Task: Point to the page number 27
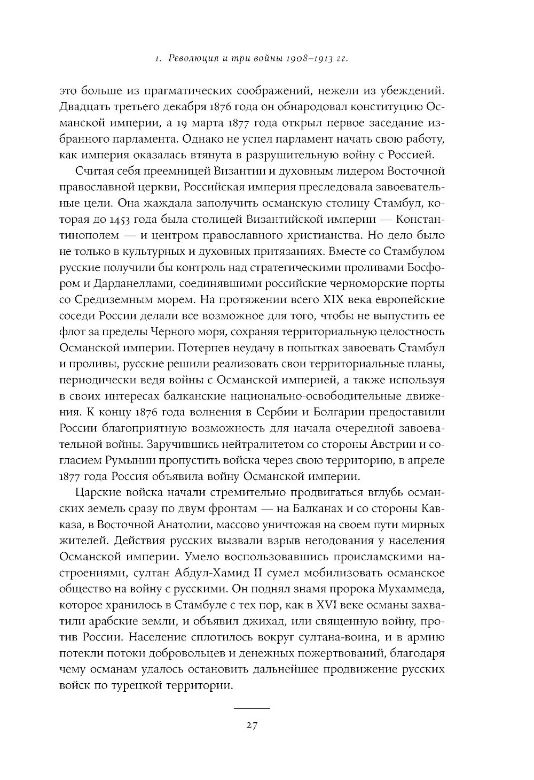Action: click(x=252, y=725)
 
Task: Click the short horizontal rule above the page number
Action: click(x=252, y=708)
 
